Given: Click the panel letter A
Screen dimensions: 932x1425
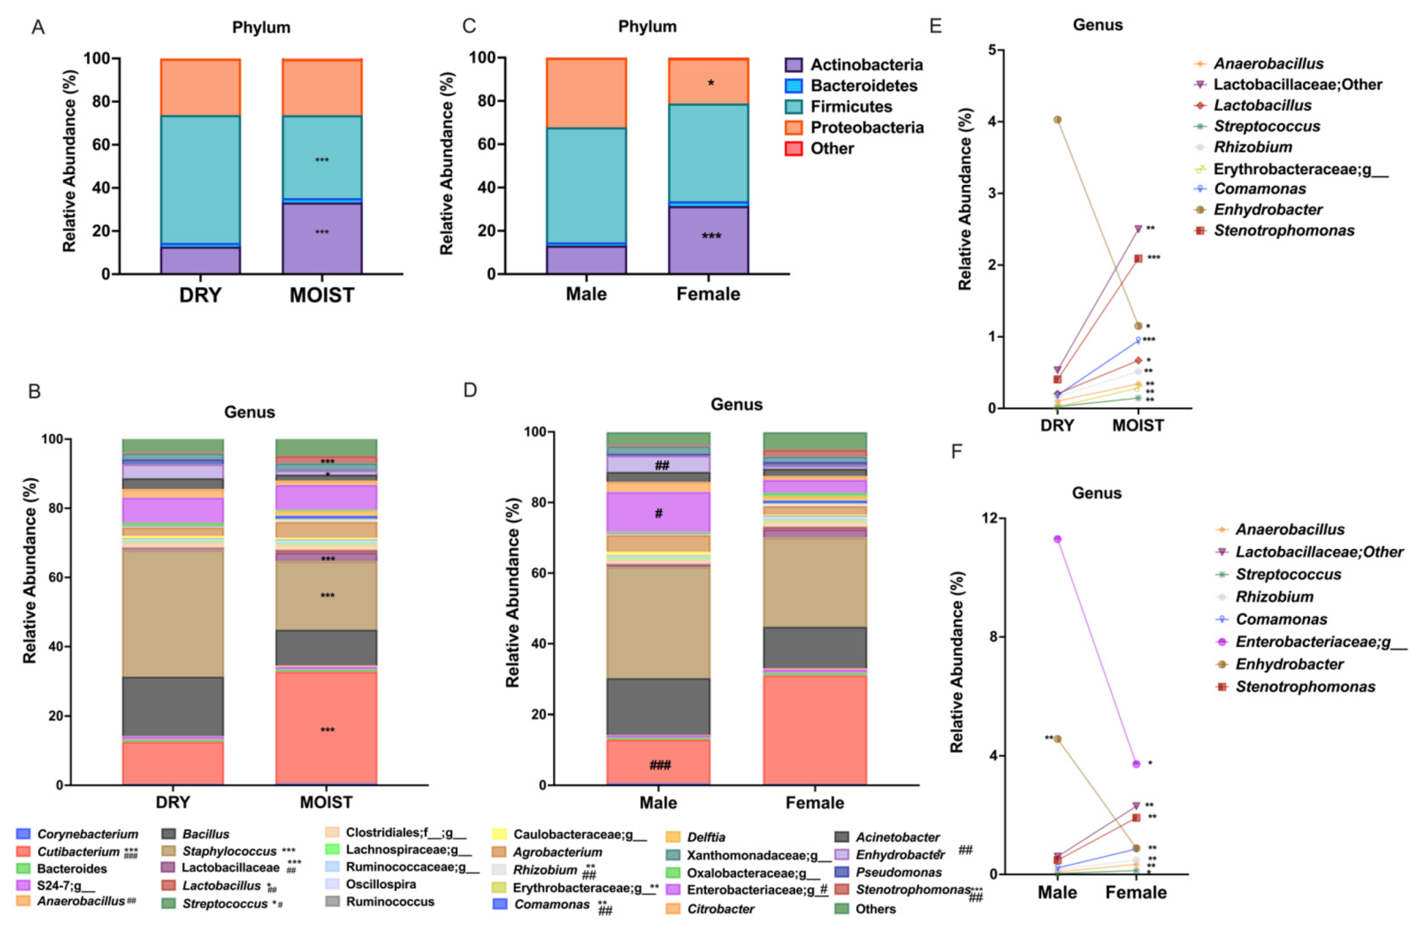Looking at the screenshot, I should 38,27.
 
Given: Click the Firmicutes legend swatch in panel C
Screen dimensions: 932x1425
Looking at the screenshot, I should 794,107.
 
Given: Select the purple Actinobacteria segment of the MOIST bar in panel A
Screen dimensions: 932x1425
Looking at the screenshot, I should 322,239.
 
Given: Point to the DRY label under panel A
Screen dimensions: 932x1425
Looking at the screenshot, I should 200,295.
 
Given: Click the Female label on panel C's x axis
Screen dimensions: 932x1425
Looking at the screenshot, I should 708,294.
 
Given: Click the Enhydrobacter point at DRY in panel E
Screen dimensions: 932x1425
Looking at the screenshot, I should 1057,120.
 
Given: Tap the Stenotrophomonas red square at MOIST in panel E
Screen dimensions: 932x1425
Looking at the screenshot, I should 1138,259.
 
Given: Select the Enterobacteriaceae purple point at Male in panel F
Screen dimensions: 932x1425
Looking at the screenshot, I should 1057,539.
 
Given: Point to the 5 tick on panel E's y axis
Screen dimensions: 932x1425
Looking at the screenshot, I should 992,50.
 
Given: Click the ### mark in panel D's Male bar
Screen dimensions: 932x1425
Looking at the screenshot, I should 660,765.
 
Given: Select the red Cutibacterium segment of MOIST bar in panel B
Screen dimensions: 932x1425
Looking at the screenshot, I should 326,728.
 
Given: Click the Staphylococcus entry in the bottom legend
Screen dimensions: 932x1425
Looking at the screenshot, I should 229,851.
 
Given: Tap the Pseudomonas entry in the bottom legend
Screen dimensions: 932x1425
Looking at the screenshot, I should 898,872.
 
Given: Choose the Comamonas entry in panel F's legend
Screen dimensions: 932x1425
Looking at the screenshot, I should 1281,619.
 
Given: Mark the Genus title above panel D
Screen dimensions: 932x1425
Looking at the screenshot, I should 736,405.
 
